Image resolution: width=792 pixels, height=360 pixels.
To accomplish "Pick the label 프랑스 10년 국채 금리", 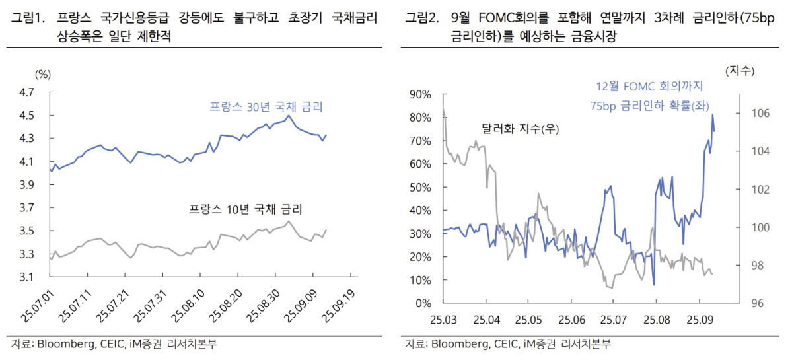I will pos(245,210).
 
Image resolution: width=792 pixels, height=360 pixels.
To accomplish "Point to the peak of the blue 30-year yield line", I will pos(289,116).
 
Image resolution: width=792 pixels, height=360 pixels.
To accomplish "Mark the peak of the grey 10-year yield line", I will pos(289,221).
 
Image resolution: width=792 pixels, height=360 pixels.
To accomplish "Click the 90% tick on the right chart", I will pos(420,94).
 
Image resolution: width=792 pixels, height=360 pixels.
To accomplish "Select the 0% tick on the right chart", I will pos(423,303).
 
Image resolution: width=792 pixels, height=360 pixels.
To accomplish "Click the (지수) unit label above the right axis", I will pos(740,70).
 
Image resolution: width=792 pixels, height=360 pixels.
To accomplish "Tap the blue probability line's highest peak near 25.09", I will pos(713,115).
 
